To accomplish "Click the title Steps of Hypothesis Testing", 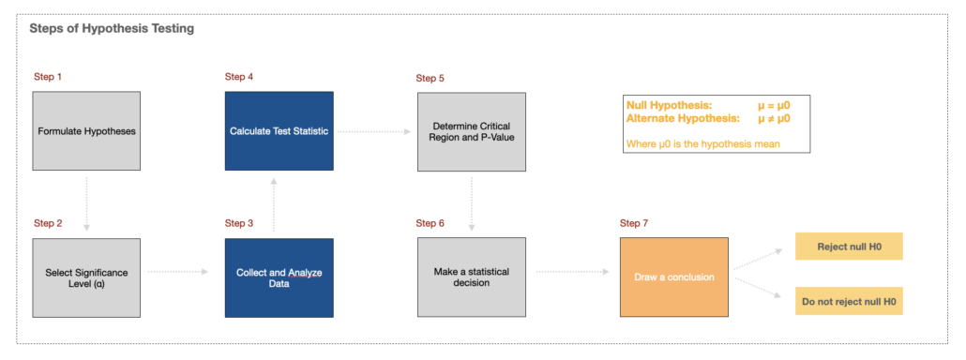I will [x=113, y=29].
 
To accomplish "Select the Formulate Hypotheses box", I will [x=86, y=131].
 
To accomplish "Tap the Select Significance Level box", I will [x=86, y=277].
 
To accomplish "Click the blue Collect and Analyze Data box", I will [x=279, y=277].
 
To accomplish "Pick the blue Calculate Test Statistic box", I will [x=279, y=131].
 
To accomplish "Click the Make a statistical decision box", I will [x=471, y=277].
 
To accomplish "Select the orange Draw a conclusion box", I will [x=673, y=277].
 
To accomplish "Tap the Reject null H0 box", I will [x=848, y=247].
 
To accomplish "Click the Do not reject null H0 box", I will [x=848, y=301].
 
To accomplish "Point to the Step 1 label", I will [x=48, y=76].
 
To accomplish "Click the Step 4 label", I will [x=239, y=76].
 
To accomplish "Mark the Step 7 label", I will [x=634, y=223].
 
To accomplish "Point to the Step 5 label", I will [x=430, y=78].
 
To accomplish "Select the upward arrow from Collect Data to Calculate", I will [x=275, y=204].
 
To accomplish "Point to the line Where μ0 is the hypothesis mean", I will [x=701, y=143].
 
